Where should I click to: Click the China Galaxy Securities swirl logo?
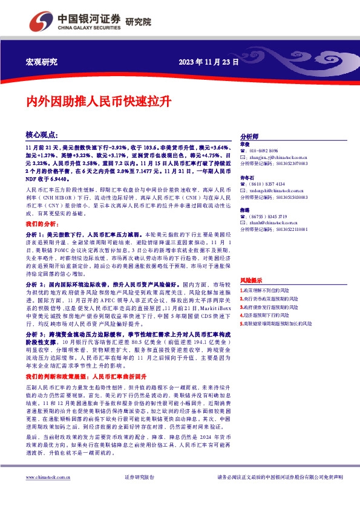click(42, 22)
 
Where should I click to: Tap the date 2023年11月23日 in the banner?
click(209, 62)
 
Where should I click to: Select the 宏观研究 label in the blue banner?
click(42, 62)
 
